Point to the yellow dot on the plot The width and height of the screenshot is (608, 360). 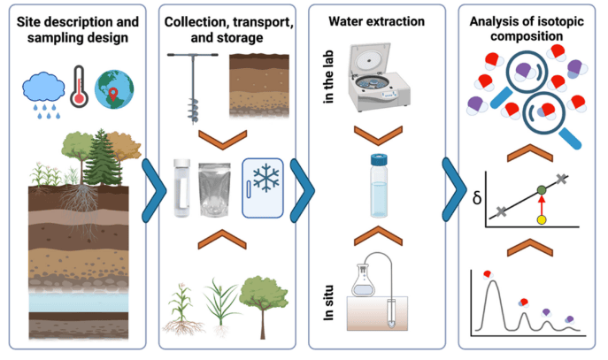click(542, 218)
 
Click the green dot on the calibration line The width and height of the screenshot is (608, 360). click(542, 188)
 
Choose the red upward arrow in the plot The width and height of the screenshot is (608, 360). click(542, 204)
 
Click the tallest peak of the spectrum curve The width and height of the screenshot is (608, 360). click(488, 281)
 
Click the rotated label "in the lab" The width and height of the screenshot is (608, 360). click(328, 79)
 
